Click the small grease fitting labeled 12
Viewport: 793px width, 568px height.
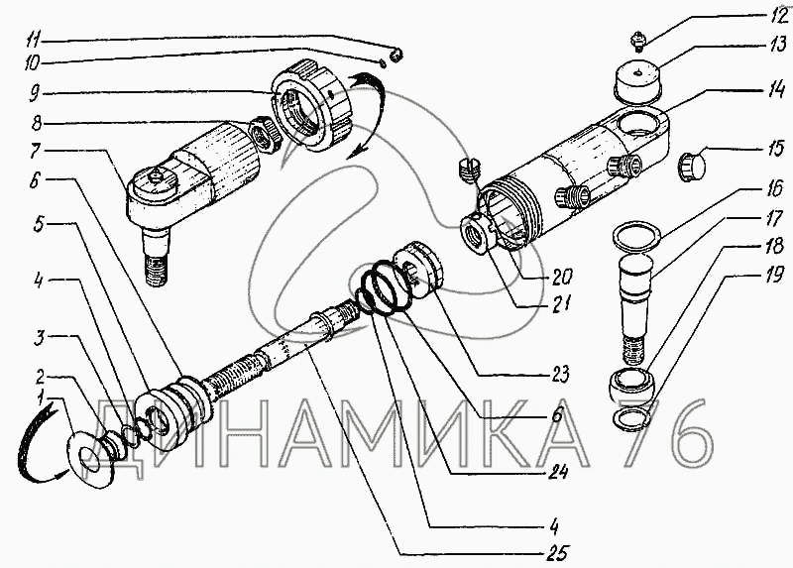click(x=638, y=41)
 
